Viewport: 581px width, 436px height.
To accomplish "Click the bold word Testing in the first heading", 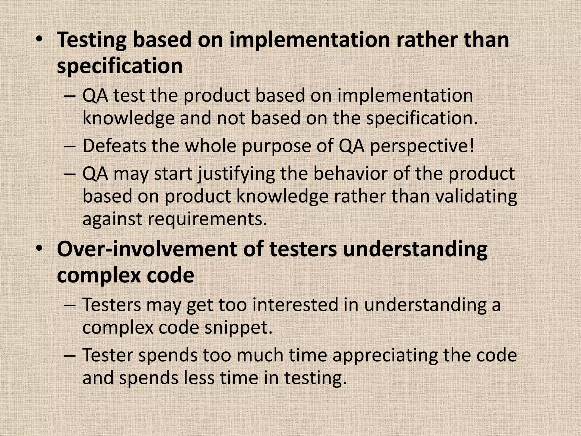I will point(92,40).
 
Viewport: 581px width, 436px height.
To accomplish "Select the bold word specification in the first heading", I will point(120,66).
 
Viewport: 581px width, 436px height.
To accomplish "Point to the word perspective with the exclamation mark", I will point(422,146).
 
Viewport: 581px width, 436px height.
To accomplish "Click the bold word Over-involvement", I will point(146,249).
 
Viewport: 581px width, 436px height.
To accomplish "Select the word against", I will point(112,219).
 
